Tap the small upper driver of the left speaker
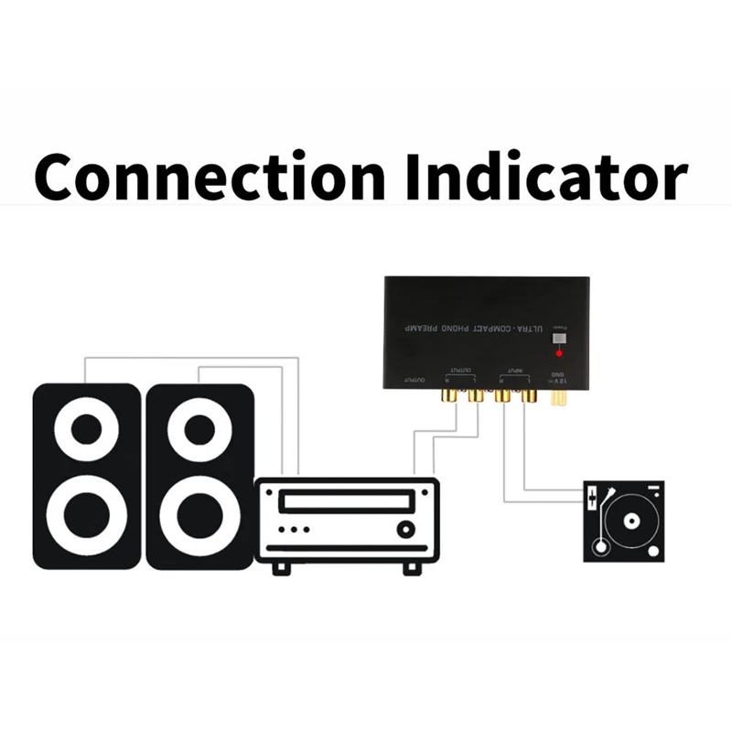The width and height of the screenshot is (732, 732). [88, 428]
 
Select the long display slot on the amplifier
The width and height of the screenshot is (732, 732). [346, 500]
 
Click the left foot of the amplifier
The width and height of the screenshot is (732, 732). [283, 567]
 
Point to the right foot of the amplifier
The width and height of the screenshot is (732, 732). [411, 567]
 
